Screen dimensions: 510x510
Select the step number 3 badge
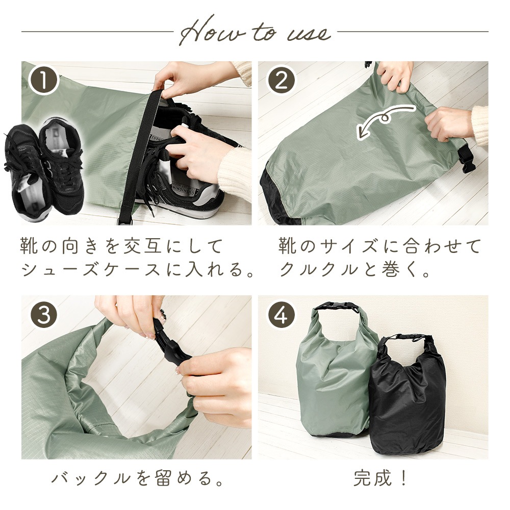[x=44, y=315]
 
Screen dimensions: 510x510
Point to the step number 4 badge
[x=281, y=315]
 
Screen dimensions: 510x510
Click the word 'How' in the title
[x=212, y=32]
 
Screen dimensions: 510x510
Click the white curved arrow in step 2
[x=386, y=121]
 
